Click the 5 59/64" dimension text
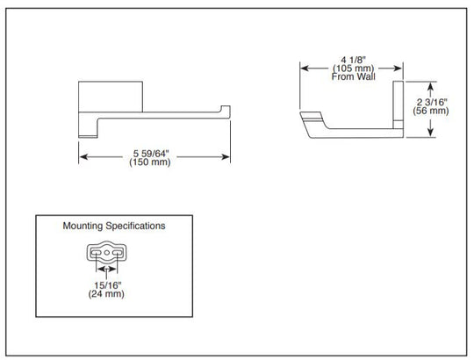tap(150, 154)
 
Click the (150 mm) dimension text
tap(150, 162)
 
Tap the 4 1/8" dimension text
tap(353, 60)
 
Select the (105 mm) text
tap(353, 68)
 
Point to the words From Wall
tap(353, 76)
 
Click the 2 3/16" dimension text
tap(431, 102)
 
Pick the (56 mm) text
tap(431, 111)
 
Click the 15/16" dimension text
tap(107, 285)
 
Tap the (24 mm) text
tap(106, 294)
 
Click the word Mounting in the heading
tap(83, 226)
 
